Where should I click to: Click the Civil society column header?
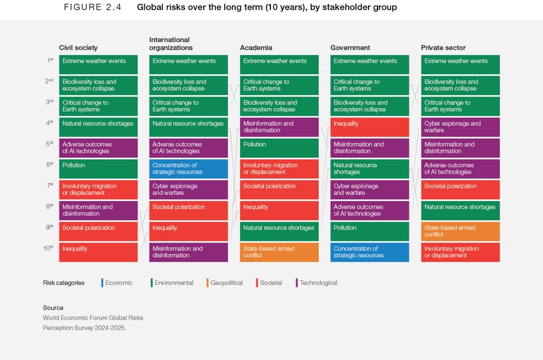[78, 48]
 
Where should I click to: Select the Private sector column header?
[443, 48]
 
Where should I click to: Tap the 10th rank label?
[49, 248]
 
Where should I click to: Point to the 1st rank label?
[50, 61]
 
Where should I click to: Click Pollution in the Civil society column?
[98, 169]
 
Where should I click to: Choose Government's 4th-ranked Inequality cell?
[369, 127]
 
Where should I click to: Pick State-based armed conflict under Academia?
[279, 252]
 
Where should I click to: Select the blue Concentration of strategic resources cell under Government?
[369, 252]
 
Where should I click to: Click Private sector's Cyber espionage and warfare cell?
[460, 127]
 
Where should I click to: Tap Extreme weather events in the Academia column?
[279, 64]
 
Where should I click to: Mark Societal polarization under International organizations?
[188, 211]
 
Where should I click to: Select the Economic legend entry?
[118, 283]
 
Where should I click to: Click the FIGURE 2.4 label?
[93, 8]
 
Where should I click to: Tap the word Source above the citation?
[53, 308]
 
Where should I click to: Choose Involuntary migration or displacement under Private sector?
[460, 252]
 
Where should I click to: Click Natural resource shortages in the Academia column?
[279, 231]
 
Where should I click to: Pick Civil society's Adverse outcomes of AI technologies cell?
[98, 148]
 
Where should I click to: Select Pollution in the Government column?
[369, 231]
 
